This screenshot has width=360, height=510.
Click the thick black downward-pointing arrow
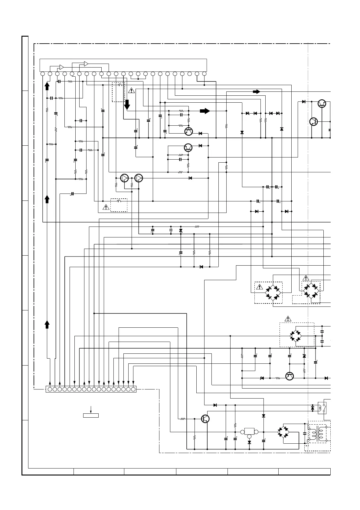click(x=127, y=104)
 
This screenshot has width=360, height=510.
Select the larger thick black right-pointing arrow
click(x=205, y=111)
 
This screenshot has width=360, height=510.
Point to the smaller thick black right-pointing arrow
click(x=256, y=91)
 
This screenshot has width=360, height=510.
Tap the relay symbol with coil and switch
click(x=322, y=408)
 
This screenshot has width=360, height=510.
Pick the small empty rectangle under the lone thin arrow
click(x=91, y=415)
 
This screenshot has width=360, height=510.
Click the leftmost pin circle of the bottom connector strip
click(x=50, y=389)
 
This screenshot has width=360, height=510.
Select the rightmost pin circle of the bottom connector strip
click(x=133, y=389)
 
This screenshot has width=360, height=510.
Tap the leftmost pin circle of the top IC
click(x=43, y=74)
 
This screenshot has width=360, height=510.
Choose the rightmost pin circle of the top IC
click(x=204, y=74)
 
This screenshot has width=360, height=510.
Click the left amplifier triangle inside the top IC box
click(x=61, y=67)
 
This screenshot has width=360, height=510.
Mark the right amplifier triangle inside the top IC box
click(x=86, y=64)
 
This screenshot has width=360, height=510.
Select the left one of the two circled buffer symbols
click(x=124, y=178)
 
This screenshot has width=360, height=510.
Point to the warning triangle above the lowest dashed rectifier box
click(x=288, y=319)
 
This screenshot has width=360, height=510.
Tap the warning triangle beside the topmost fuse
click(x=131, y=90)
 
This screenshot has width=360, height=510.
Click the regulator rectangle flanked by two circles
click(x=249, y=432)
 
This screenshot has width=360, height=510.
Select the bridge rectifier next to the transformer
click(x=283, y=432)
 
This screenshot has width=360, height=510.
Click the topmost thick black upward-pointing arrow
click(x=47, y=86)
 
